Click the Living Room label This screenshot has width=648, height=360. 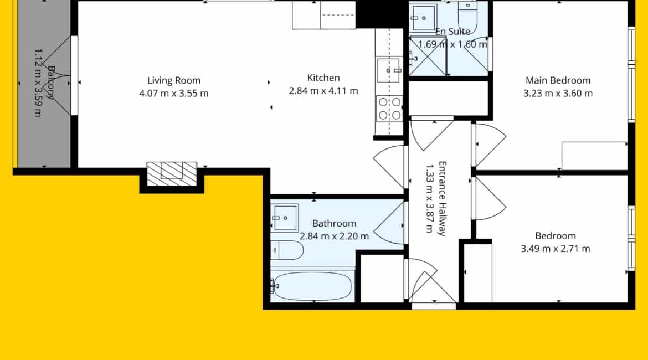(x=173, y=81)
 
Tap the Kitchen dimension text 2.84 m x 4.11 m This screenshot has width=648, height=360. (x=323, y=91)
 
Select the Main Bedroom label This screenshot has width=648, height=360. (x=558, y=81)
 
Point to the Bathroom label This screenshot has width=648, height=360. (x=334, y=224)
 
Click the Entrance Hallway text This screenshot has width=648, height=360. (x=442, y=198)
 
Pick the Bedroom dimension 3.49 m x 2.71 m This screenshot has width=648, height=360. (x=556, y=249)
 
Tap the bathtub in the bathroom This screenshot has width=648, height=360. (x=313, y=286)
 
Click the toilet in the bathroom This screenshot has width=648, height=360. (x=287, y=250)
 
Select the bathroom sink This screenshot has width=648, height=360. (x=285, y=218)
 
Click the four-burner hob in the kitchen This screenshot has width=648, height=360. (x=389, y=109)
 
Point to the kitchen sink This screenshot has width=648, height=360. (x=388, y=70)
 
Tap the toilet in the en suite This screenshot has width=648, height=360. (x=468, y=17)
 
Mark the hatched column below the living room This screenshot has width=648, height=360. (x=172, y=173)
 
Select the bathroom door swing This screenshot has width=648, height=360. (x=388, y=223)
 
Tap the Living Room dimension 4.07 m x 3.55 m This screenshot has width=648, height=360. (x=173, y=94)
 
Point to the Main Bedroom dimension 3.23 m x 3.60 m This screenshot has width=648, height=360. (x=558, y=94)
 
